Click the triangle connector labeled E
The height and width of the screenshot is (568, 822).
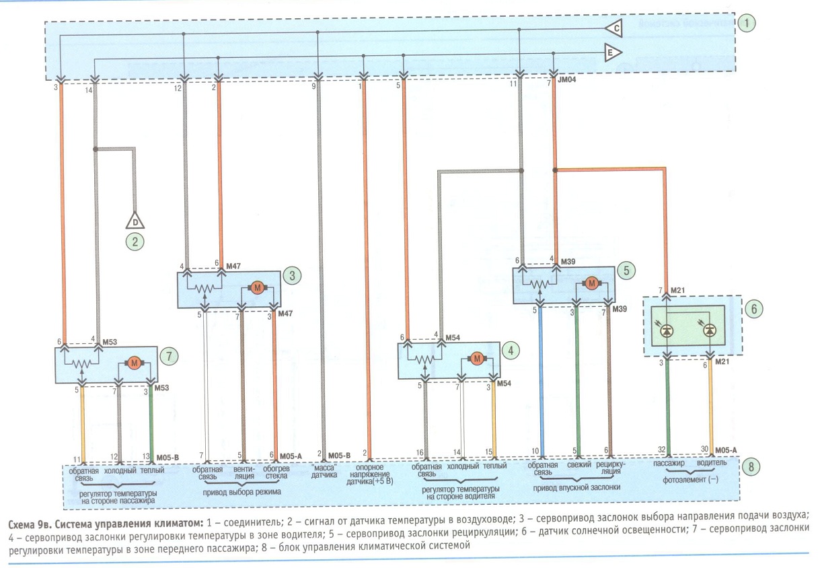click(612, 53)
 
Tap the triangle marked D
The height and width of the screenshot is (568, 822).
click(135, 221)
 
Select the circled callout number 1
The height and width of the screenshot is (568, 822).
click(747, 23)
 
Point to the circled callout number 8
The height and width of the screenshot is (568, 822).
click(751, 466)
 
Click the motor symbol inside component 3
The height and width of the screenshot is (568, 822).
click(257, 288)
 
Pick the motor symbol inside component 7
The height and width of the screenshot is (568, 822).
click(135, 363)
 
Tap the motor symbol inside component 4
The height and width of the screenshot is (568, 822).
click(477, 359)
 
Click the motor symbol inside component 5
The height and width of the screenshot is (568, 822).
click(591, 283)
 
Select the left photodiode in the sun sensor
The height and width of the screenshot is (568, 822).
click(667, 331)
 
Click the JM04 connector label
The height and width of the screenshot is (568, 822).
click(567, 79)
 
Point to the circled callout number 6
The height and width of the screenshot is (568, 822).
click(754, 309)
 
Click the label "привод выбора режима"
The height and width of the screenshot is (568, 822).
click(242, 492)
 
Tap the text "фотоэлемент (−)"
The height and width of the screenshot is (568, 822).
click(690, 480)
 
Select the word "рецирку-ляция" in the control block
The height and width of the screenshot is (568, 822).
click(610, 468)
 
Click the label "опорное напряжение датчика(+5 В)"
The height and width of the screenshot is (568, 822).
click(369, 474)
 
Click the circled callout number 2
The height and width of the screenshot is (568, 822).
click(135, 242)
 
